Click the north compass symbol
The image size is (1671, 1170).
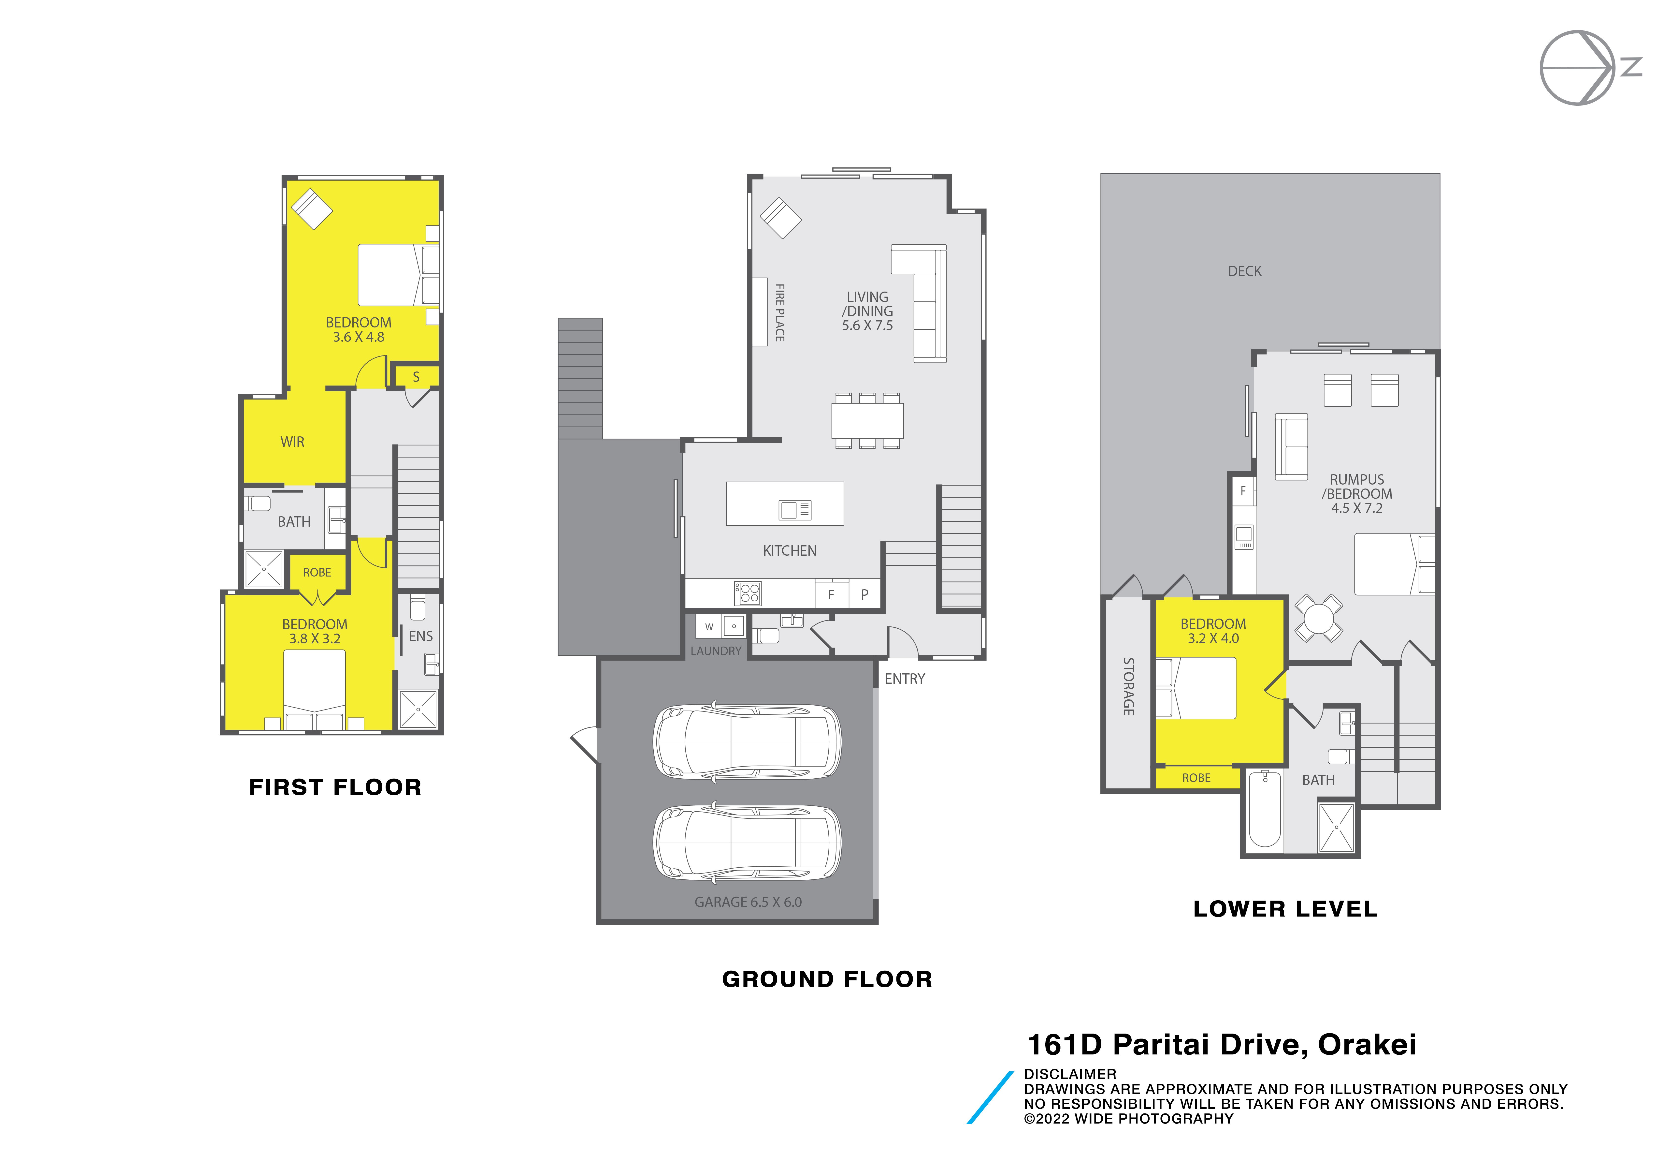click(x=1590, y=68)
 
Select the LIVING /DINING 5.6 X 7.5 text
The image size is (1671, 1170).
click(x=867, y=311)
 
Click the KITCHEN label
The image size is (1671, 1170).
click(x=790, y=551)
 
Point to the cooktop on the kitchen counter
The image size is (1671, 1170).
click(x=748, y=593)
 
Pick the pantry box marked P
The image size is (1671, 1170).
click(x=864, y=594)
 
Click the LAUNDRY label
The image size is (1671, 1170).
click(x=716, y=651)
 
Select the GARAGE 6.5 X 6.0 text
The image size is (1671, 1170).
click(x=748, y=902)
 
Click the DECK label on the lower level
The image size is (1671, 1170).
click(x=1244, y=271)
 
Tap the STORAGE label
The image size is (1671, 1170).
click(x=1128, y=687)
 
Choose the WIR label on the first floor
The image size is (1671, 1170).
click(x=293, y=442)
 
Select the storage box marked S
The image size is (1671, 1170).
click(x=416, y=376)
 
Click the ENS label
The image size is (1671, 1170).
click(x=421, y=636)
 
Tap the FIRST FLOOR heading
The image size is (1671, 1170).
click(x=335, y=787)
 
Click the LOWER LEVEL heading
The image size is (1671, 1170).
click(x=1285, y=909)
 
